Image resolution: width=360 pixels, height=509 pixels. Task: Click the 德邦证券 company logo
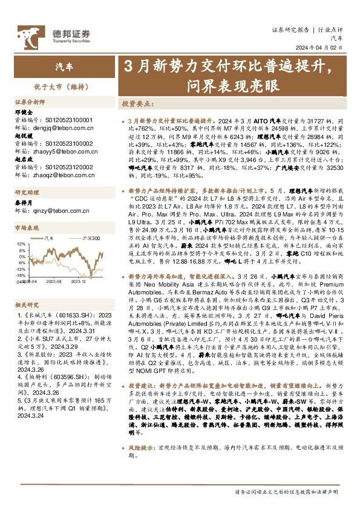coord(61,33)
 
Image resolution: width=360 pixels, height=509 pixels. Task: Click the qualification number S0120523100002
coord(68,144)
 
